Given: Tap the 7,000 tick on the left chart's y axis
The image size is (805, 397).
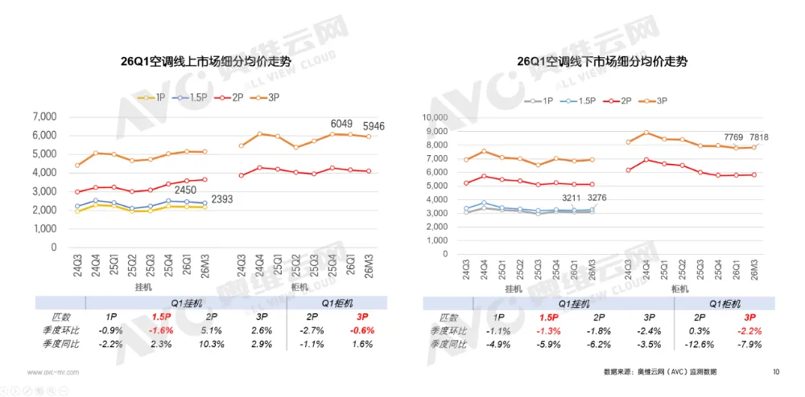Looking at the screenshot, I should pos(43,117).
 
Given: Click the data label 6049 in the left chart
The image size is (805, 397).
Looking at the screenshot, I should pos(342,125).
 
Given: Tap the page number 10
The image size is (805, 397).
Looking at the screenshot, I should pos(776,372).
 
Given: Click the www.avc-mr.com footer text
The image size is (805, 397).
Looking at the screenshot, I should pos(54,372).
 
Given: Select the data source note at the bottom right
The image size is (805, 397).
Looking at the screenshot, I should pos(659,372).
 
